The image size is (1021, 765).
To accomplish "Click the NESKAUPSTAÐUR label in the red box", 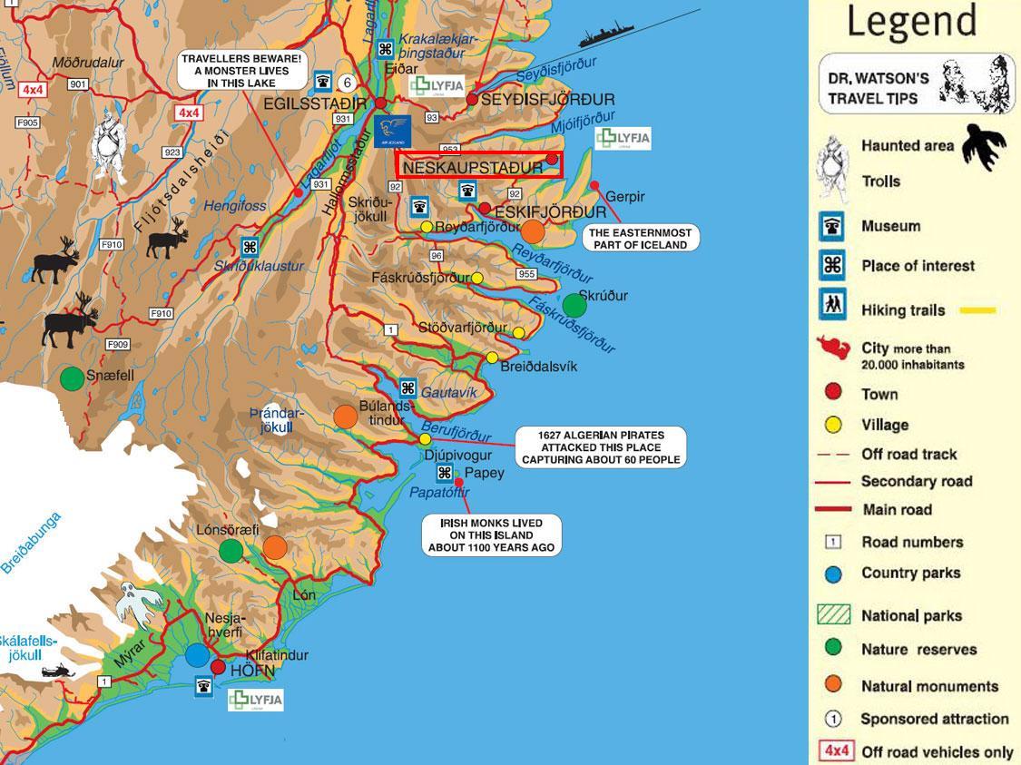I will click(x=473, y=167).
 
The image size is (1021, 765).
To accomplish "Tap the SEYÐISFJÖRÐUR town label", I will click(x=546, y=100).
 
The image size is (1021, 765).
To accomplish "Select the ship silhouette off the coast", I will click(x=607, y=37).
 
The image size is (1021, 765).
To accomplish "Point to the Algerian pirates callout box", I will click(x=601, y=447).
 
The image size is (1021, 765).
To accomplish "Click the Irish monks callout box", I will click(x=491, y=535).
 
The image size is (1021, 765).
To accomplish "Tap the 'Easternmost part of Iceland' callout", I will click(x=640, y=238).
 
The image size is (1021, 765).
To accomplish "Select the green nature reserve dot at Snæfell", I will click(x=72, y=378).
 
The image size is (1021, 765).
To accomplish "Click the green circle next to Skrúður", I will click(x=574, y=306).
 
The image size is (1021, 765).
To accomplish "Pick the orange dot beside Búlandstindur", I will click(x=345, y=417).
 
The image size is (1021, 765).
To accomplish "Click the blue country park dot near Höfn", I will click(x=197, y=654).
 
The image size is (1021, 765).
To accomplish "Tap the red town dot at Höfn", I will click(x=218, y=667).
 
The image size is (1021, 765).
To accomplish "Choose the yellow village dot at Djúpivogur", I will click(x=425, y=439).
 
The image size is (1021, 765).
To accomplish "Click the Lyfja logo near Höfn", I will click(x=255, y=700).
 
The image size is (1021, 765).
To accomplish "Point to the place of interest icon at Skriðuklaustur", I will click(x=249, y=247).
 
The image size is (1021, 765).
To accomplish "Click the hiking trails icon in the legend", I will click(x=832, y=305).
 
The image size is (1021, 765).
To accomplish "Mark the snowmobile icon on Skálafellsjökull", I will click(x=57, y=672).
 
